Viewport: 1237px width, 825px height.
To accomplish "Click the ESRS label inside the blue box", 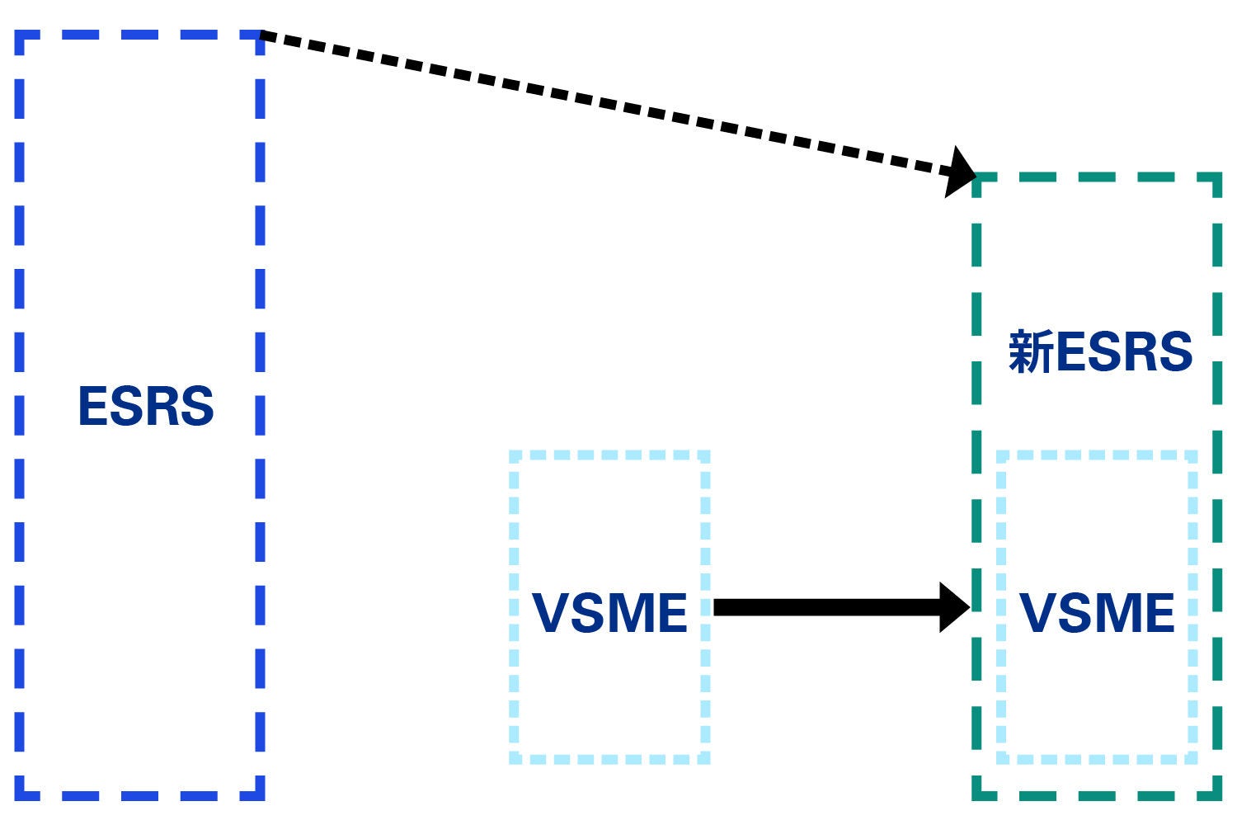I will [x=146, y=406].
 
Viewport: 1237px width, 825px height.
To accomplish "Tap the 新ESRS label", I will [x=1100, y=352].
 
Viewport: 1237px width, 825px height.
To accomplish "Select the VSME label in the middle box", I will [x=609, y=612].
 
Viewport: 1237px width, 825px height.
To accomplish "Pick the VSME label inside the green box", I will [x=1097, y=612].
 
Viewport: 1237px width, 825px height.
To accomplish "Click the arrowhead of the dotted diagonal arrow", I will [x=962, y=172].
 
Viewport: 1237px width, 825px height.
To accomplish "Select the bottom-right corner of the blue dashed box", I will [x=261, y=795].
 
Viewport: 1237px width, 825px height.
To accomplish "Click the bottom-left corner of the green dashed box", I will [x=976, y=795].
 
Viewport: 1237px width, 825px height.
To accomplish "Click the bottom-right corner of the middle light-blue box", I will [x=705, y=758].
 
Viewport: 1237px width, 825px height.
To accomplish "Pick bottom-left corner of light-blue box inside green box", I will [x=1001, y=758].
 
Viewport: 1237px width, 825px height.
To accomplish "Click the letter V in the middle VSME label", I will [x=553, y=612].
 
